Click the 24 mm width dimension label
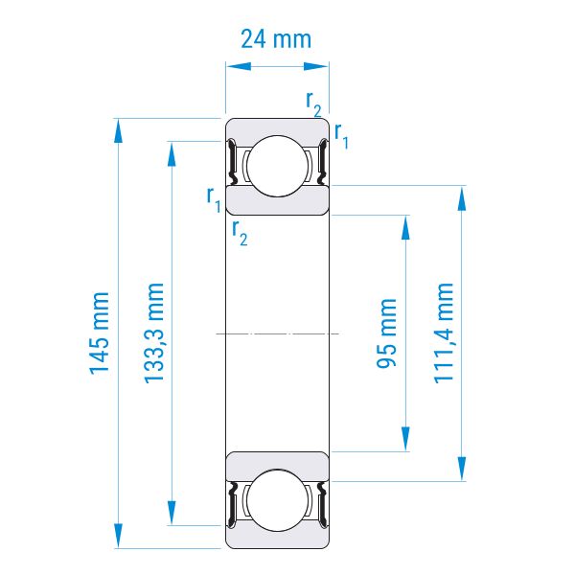coord(276,39)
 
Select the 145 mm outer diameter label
coord(100,333)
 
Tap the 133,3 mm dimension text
coord(153,333)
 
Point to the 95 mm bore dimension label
coord(386,333)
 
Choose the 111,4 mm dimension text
coord(444,333)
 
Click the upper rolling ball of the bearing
coord(277,166)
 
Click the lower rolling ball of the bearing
coord(277,500)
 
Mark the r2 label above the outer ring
coord(313,103)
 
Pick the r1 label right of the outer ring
coord(341,136)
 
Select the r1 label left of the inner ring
coord(214,199)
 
